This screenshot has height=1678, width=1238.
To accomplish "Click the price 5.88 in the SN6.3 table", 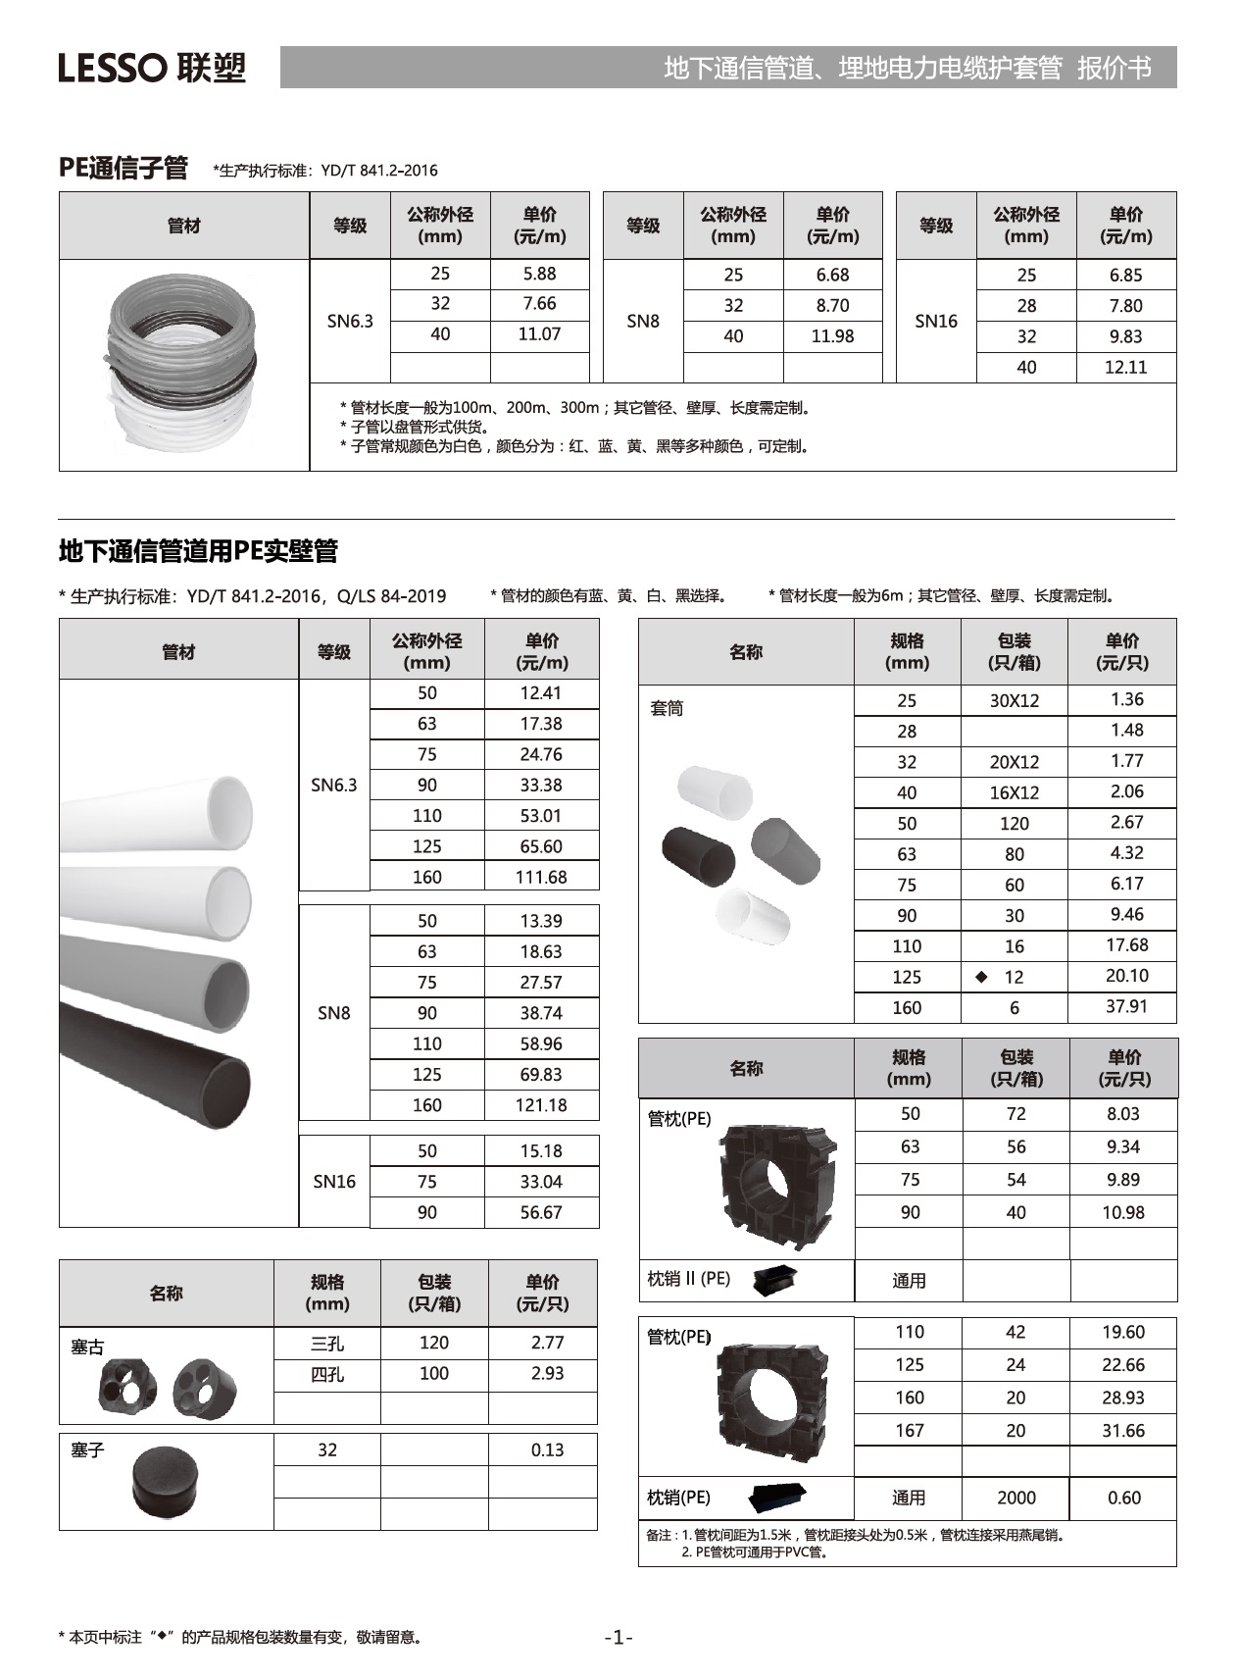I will [539, 274].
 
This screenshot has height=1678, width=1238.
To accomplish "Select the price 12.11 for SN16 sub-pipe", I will [1125, 367].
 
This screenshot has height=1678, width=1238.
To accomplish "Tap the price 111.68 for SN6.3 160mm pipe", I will [541, 877].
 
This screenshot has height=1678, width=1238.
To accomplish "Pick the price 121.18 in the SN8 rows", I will [541, 1105].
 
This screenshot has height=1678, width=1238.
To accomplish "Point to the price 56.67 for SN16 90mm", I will [541, 1212].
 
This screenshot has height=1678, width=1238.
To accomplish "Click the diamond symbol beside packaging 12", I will [981, 977].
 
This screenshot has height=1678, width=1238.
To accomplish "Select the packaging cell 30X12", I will [1014, 700].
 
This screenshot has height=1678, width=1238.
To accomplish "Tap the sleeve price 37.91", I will [1126, 1007].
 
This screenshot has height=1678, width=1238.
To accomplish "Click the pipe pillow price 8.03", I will [1122, 1114].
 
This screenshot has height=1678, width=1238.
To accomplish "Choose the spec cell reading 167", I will [909, 1431].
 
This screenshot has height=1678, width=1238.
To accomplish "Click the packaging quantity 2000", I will [1015, 1498].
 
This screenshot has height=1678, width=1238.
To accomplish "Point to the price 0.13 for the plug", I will [547, 1450].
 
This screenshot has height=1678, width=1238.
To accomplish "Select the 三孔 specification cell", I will [327, 1344].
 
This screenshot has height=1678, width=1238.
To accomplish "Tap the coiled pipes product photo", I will [182, 363].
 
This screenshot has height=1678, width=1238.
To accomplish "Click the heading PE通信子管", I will [123, 169].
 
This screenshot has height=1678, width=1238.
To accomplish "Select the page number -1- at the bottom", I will [619, 1637].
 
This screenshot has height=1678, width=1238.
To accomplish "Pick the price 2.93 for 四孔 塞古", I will [547, 1374].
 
